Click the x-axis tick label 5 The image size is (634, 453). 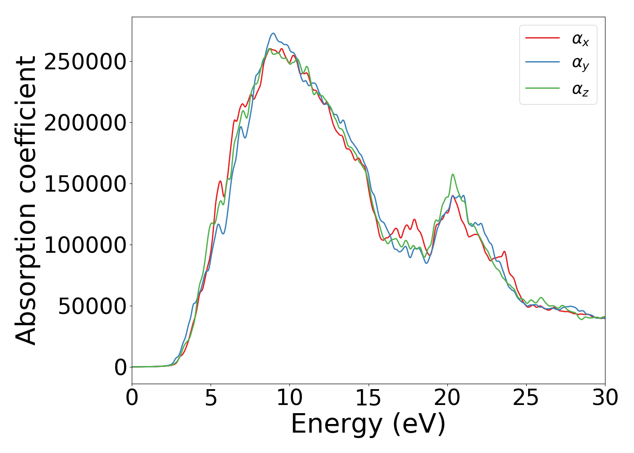coord(211,398)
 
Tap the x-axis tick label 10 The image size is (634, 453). coord(290,398)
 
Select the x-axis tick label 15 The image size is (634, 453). coord(369,398)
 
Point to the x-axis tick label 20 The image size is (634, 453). coord(447,398)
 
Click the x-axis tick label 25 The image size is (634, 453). coord(526,398)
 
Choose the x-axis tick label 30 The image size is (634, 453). coord(605,398)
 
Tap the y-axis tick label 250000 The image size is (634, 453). coord(85,62)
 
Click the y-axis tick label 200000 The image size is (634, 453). coord(85,123)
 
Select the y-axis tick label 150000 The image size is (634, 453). coord(85,184)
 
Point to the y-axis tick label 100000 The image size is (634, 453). coord(85,245)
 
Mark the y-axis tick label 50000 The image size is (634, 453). coord(92,306)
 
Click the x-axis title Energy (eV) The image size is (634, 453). coord(368,425)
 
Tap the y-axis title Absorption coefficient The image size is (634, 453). coord(26,200)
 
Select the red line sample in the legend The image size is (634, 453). coord(542,39)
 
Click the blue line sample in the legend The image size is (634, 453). coord(542,63)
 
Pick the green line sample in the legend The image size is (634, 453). coord(542,88)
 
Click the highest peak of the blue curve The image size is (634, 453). coord(273,33)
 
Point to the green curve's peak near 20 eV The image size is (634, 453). coord(452,174)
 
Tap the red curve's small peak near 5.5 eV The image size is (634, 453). coord(220,181)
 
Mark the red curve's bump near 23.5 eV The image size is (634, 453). coord(504,251)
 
